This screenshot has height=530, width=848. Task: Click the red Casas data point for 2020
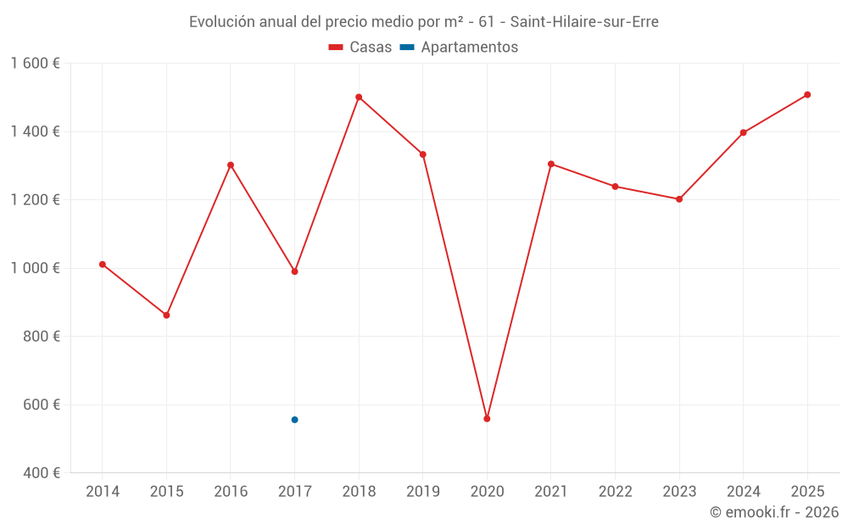click(x=487, y=419)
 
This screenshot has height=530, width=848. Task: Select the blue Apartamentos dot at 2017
click(x=294, y=420)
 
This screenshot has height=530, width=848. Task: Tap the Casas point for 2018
click(x=359, y=98)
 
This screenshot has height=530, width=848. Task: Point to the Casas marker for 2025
click(x=807, y=95)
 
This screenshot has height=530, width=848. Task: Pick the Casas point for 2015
click(x=166, y=315)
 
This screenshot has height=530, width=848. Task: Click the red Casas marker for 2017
click(x=294, y=271)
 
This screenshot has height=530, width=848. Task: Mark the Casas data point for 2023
click(x=679, y=199)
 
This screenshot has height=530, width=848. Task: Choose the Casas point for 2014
click(x=103, y=265)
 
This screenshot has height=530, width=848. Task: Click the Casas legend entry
click(x=360, y=47)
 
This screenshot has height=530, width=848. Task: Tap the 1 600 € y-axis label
click(x=35, y=64)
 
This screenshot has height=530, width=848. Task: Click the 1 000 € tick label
click(x=35, y=268)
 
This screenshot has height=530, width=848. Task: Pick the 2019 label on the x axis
click(x=422, y=492)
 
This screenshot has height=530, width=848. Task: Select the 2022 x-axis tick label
click(x=615, y=492)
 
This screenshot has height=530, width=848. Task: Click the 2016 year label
click(x=231, y=492)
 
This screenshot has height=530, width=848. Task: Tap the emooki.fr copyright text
click(x=773, y=512)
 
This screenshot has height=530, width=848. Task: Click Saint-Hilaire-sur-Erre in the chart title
click(x=584, y=22)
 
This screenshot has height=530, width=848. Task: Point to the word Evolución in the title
click(x=220, y=22)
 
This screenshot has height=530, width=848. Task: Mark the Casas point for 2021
click(x=551, y=165)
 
